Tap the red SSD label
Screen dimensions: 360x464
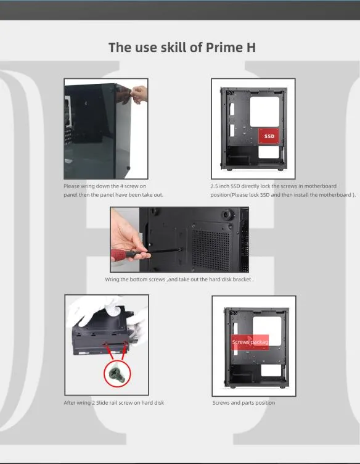pyautogui.click(x=269, y=136)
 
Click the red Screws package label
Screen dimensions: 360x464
pyautogui.click(x=250, y=342)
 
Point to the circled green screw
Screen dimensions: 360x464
pyautogui.click(x=117, y=373)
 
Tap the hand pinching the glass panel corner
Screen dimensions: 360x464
pyautogui.click(x=139, y=94)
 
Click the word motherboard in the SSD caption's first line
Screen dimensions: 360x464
pyautogui.click(x=321, y=186)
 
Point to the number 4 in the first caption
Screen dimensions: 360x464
pyautogui.click(x=121, y=186)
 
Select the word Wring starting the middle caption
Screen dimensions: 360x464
pyautogui.click(x=112, y=280)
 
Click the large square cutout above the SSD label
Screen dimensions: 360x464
pyautogui.click(x=264, y=112)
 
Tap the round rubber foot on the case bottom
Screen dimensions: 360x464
pyautogui.click(x=227, y=213)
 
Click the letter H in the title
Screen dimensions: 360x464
pyautogui.click(x=251, y=48)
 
